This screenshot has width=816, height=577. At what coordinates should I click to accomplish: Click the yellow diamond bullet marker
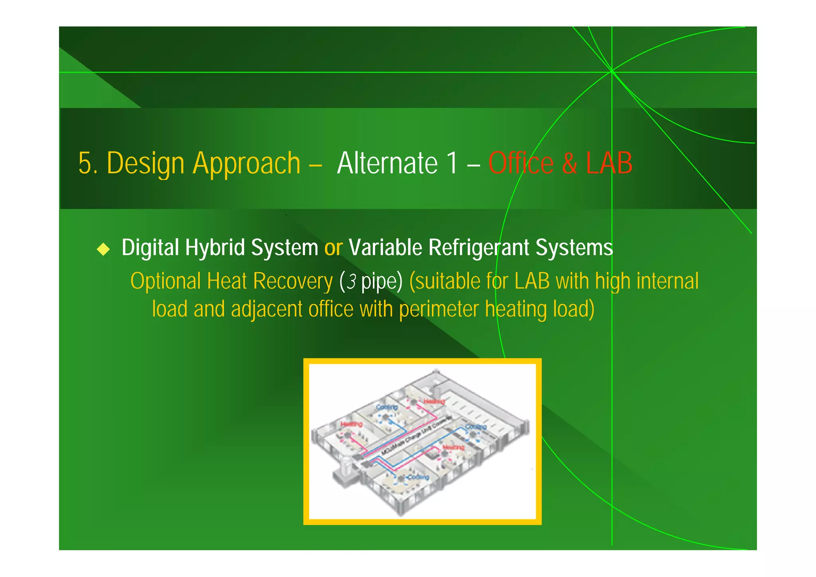click(104, 249)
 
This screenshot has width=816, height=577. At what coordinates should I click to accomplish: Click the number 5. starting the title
click(88, 163)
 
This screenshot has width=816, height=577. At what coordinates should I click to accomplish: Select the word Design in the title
click(145, 163)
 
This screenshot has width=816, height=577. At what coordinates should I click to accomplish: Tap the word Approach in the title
click(246, 163)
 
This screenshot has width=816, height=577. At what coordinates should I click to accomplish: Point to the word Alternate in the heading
click(387, 163)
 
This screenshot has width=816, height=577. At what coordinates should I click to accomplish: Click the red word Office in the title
click(521, 163)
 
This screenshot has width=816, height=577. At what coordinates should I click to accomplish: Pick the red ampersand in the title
click(569, 163)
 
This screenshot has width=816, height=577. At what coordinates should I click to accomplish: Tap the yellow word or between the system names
click(333, 247)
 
